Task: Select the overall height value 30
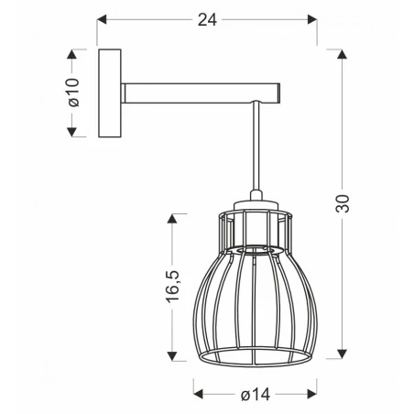342,204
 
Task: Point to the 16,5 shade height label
171,287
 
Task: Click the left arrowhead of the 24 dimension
103,17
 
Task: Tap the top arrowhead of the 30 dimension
342,52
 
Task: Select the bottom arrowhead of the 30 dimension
342,355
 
